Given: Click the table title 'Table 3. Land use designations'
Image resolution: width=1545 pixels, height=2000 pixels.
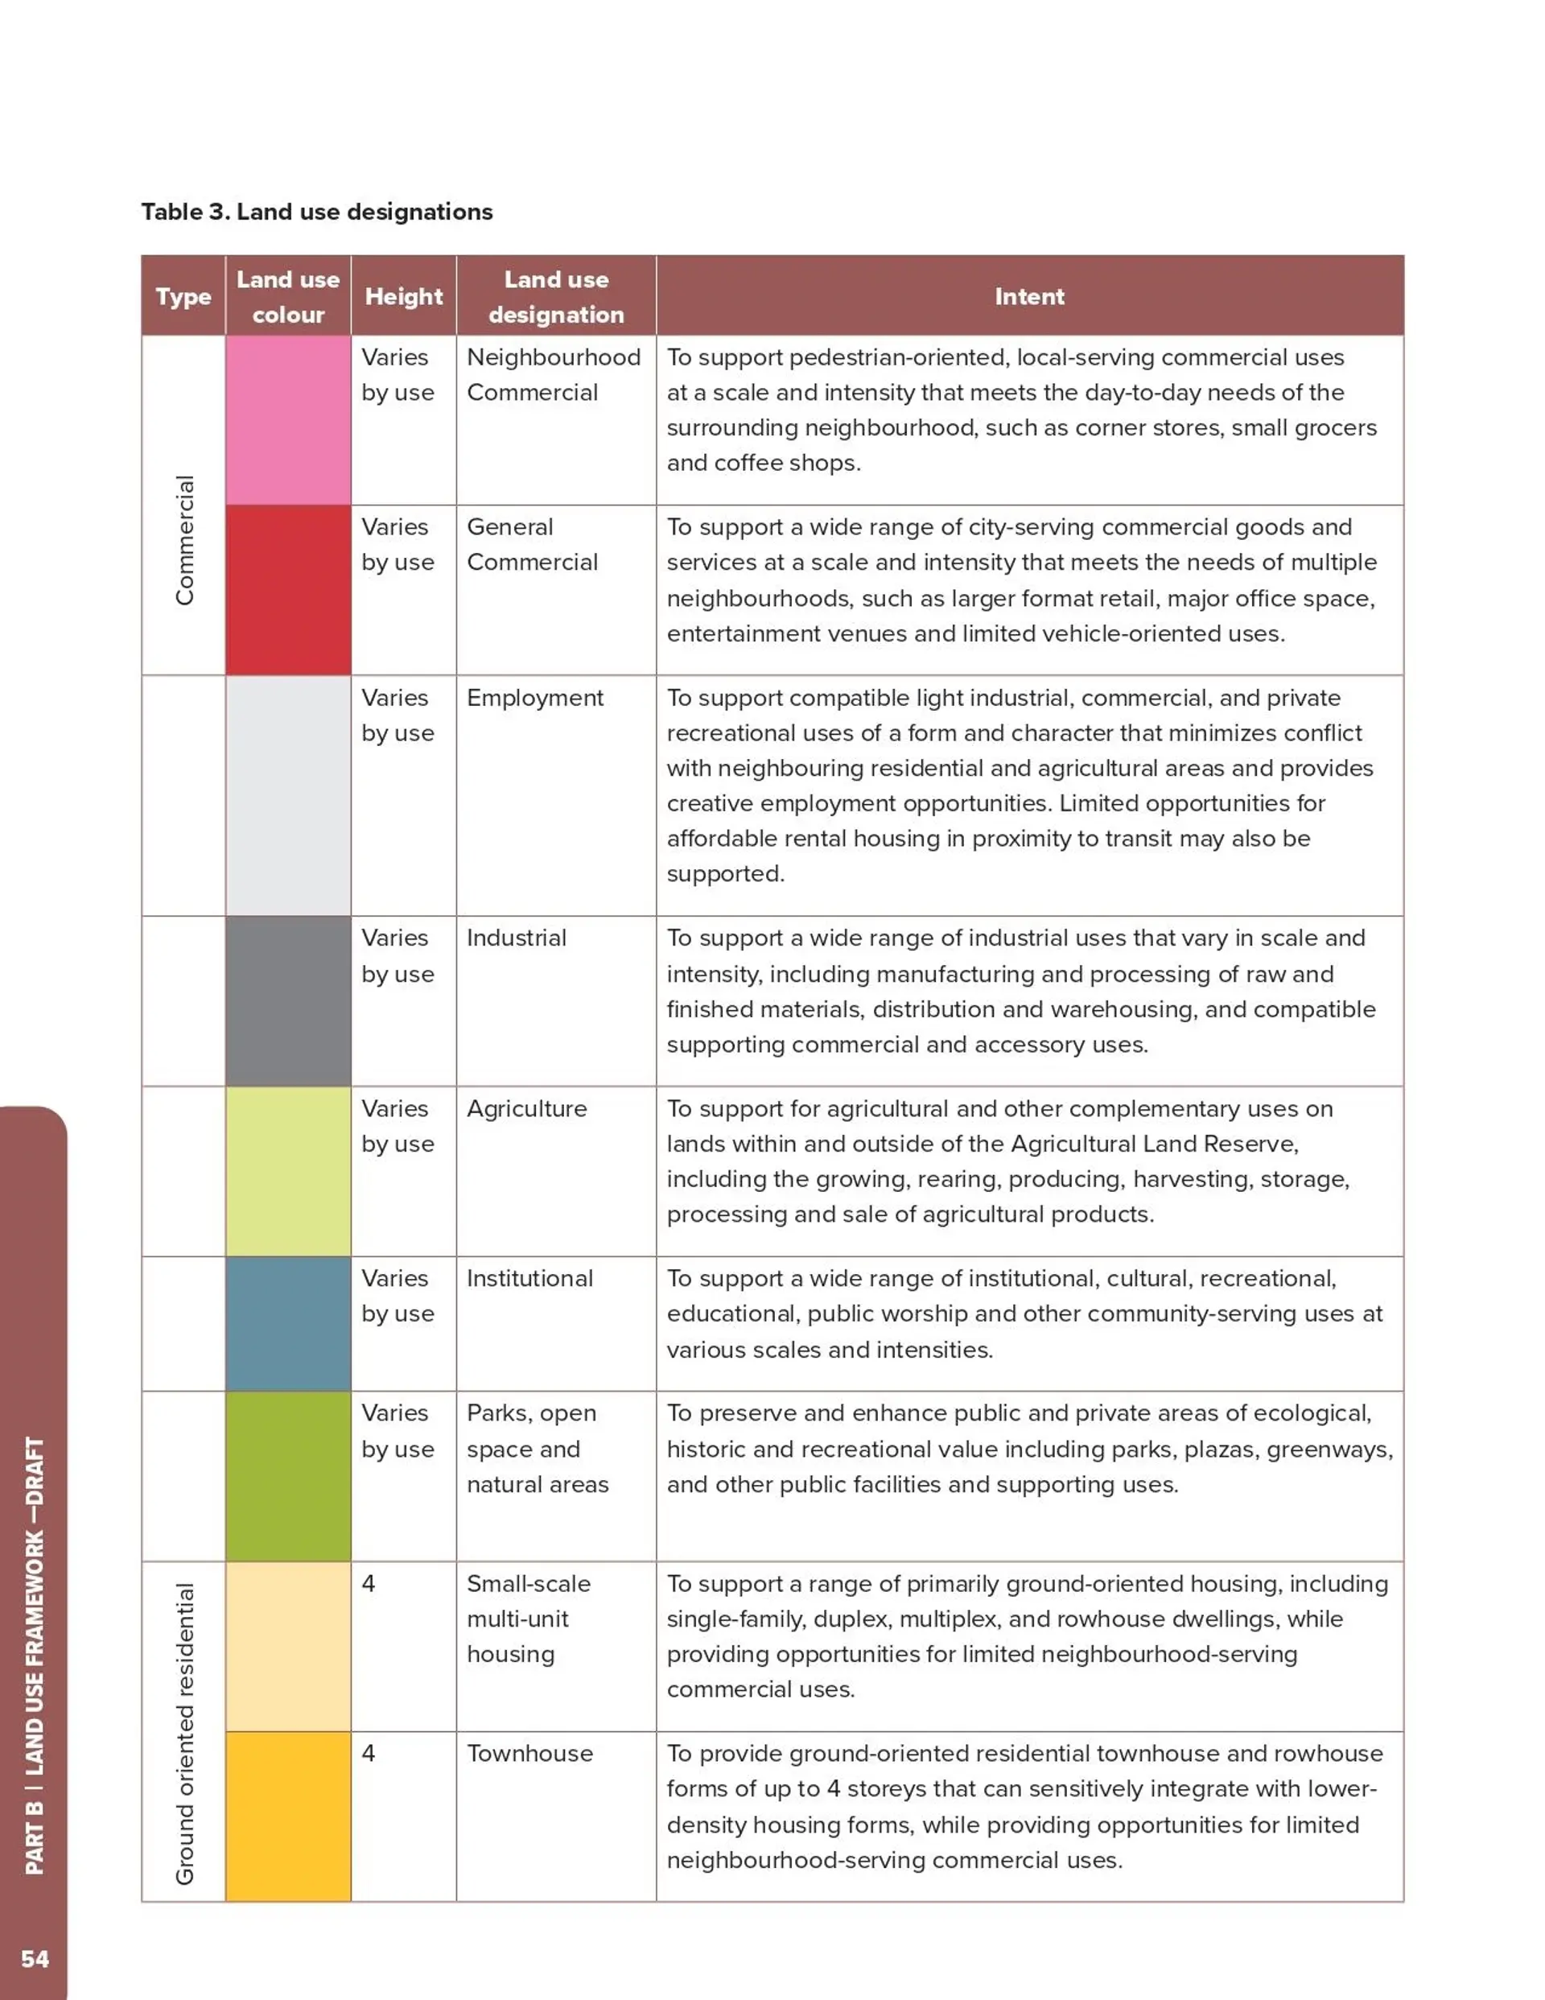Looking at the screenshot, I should [x=317, y=212].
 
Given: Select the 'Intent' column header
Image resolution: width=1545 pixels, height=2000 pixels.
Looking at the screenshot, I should [x=1029, y=296].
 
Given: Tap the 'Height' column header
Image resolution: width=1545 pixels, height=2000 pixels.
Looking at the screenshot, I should [x=403, y=296].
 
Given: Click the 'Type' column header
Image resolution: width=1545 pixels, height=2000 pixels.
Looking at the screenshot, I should [x=183, y=296].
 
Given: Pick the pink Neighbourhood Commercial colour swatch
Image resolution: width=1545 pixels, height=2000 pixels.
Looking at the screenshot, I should [x=287, y=419].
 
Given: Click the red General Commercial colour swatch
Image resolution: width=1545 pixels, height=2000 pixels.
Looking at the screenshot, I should [x=287, y=590].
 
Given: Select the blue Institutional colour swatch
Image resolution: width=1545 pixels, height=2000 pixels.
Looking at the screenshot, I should [x=287, y=1323].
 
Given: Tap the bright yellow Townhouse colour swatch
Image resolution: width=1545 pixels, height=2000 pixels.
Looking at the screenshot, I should [x=287, y=1816].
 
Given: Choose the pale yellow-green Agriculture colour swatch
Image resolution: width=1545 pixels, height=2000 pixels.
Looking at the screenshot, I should [x=287, y=1170].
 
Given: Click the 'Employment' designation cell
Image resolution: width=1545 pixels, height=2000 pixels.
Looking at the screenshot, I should [x=535, y=698].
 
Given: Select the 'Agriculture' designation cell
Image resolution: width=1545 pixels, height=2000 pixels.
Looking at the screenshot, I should [x=526, y=1108].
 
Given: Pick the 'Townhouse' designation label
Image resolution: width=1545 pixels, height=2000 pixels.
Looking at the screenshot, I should [x=529, y=1753].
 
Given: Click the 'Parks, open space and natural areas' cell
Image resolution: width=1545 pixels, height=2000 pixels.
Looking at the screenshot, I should [x=537, y=1449].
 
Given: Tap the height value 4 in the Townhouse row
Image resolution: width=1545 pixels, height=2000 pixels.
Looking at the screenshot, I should [x=369, y=1753].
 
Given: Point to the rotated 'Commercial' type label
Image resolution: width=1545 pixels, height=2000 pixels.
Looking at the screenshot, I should [x=185, y=540].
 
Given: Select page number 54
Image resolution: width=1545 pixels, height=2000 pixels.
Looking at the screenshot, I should [x=35, y=1958].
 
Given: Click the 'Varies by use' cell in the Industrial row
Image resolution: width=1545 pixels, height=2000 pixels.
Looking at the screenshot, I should [x=398, y=955].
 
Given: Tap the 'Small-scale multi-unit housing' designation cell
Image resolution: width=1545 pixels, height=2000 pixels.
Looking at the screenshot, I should [x=529, y=1619].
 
